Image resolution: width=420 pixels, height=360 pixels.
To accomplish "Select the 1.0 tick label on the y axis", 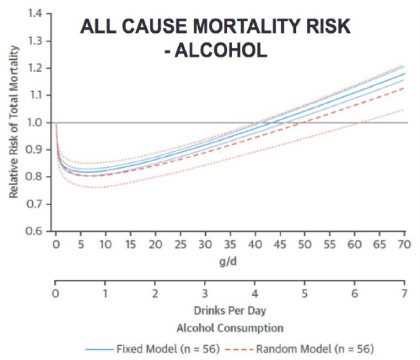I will pos(41,122).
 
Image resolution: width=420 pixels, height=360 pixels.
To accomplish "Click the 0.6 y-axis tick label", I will pos(41,231).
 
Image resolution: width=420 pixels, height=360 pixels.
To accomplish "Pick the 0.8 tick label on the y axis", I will pos(41,177).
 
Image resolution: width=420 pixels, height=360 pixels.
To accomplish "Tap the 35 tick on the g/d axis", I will pos(230,245).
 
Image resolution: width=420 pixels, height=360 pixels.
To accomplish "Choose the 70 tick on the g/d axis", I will pos(404,245).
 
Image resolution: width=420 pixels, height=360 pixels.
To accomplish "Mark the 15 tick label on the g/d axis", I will pos(131,245).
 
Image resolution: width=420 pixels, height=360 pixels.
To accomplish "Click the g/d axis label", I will pos(230,262).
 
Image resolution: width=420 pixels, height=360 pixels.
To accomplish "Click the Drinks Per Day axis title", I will pos(230,310).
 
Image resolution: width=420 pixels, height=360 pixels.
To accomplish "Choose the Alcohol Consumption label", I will pos(230,328).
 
